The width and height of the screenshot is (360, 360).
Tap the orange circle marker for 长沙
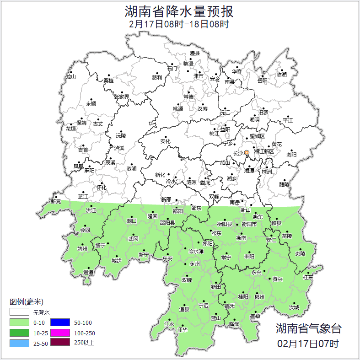(247, 152)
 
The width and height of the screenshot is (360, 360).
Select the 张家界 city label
(121, 97)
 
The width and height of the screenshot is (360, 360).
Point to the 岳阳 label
(262, 81)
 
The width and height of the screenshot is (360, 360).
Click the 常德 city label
(188, 97)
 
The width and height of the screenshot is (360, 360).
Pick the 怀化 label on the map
(102, 187)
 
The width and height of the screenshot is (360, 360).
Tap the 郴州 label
(259, 297)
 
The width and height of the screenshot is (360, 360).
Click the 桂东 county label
(308, 277)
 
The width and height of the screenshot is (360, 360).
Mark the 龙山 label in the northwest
(70, 77)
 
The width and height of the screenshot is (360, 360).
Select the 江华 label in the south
(183, 329)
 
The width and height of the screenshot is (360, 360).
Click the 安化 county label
(165, 141)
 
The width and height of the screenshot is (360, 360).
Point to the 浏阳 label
(291, 155)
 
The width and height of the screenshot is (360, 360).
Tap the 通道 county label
(88, 273)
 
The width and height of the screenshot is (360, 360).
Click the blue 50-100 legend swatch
(60, 323)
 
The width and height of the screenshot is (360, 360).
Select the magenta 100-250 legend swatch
(60, 333)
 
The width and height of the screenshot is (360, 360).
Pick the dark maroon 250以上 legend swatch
(60, 343)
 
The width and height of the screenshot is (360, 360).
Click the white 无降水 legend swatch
(20, 313)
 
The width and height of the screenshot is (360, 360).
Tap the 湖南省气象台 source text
(308, 328)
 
